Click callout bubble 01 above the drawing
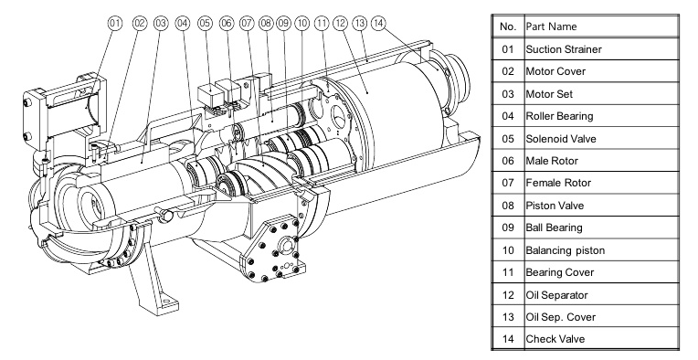point(115,23)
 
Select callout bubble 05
point(206,23)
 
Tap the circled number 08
point(266,23)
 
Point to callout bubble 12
point(340,23)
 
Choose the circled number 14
point(378,23)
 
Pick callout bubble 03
point(161,23)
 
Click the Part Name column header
point(551,26)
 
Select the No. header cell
point(508,26)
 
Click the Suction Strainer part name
point(564,49)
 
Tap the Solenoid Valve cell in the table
point(561,138)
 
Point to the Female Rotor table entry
point(558,183)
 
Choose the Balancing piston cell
point(566,250)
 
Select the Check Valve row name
point(555,339)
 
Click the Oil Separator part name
point(557,295)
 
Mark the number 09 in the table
point(508,228)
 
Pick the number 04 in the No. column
point(508,116)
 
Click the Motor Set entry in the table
point(549,94)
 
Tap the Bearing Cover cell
point(560,272)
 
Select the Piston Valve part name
point(555,206)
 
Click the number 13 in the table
point(508,317)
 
